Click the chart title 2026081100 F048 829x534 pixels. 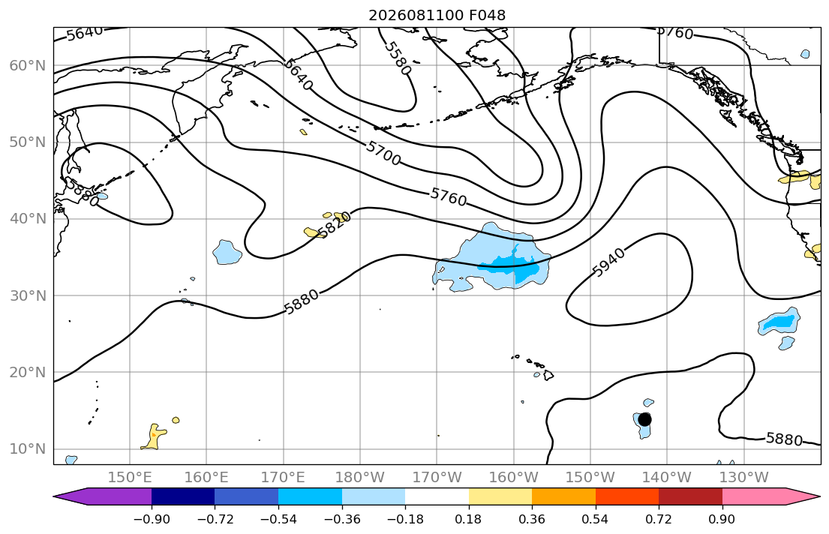[437, 15]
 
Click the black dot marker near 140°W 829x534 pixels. [644, 419]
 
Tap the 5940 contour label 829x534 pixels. [608, 262]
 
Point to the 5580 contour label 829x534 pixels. [397, 58]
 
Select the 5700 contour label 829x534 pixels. [383, 153]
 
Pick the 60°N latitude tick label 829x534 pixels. [28, 65]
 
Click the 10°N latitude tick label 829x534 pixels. [28, 449]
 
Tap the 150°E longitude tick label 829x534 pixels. [130, 478]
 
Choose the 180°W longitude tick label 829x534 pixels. [361, 478]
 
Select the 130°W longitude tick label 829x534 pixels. [744, 478]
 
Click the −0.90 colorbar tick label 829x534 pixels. [152, 519]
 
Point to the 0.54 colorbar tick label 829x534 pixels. [596, 519]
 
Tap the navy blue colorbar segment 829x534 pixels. [183, 496]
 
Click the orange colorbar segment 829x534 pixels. [563, 496]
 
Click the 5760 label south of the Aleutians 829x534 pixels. [449, 197]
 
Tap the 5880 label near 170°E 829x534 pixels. [302, 302]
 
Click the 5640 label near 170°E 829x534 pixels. [299, 74]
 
